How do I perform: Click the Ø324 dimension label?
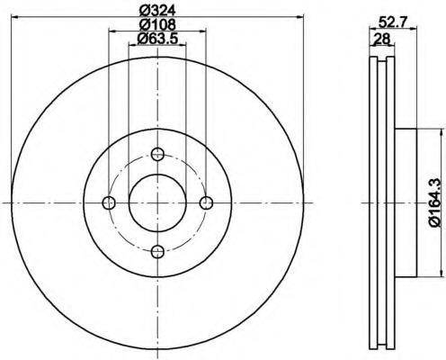coord(157,11)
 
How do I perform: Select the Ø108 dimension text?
coord(157,24)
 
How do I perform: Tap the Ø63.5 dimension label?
coord(157,38)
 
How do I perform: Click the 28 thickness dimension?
coord(381,39)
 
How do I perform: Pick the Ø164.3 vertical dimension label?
coord(435,202)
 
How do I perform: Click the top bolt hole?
coord(157,154)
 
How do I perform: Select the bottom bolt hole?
coord(157,251)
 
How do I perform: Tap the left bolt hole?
coord(109,202)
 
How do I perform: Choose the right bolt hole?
coord(206,202)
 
